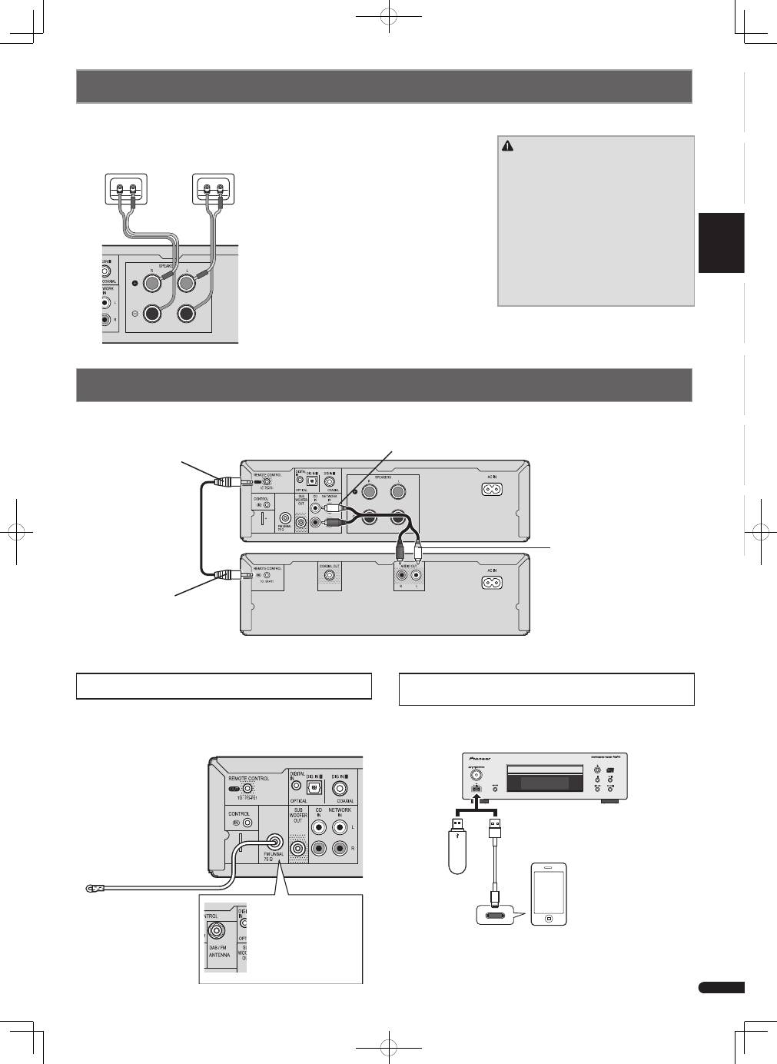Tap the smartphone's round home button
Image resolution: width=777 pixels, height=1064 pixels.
click(548, 918)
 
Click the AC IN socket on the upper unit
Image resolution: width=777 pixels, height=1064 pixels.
click(493, 488)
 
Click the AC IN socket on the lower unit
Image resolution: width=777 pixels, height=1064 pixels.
click(493, 582)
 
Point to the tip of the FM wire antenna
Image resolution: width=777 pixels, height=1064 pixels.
click(89, 889)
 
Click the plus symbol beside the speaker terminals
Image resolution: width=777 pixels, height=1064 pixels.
click(136, 283)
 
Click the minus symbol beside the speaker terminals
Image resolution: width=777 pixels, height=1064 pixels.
click(136, 314)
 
